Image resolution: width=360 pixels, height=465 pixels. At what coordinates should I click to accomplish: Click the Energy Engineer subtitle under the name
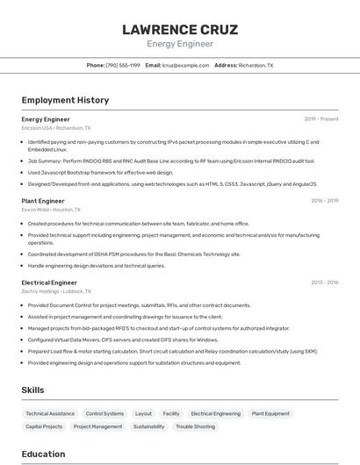tap(179, 44)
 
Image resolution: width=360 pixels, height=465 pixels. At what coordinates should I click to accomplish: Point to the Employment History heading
tap(65, 100)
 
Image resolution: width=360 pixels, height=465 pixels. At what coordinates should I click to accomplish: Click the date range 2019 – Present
tap(320, 119)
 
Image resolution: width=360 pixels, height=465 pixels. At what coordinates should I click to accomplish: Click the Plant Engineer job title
tap(43, 201)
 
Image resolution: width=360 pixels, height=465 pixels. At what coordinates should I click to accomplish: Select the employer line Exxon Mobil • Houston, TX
tap(51, 210)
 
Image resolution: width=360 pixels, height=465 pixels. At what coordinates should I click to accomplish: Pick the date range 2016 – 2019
tap(324, 201)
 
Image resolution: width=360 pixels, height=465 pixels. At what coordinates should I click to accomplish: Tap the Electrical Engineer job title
tap(49, 283)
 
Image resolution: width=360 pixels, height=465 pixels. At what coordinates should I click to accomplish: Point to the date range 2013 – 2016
tap(324, 283)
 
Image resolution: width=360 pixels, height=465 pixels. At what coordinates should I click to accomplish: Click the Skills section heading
tap(32, 390)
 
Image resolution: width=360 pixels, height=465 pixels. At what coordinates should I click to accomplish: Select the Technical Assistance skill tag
tap(50, 413)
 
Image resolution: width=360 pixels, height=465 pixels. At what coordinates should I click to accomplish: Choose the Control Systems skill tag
tap(104, 413)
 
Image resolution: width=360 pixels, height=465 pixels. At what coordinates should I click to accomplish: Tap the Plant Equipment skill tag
tap(270, 413)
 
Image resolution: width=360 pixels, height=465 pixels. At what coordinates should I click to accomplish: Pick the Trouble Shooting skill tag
tap(195, 426)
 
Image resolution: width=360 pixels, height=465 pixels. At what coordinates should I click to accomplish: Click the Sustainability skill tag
tap(148, 426)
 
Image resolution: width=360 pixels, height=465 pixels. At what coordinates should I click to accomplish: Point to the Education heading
tap(43, 454)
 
